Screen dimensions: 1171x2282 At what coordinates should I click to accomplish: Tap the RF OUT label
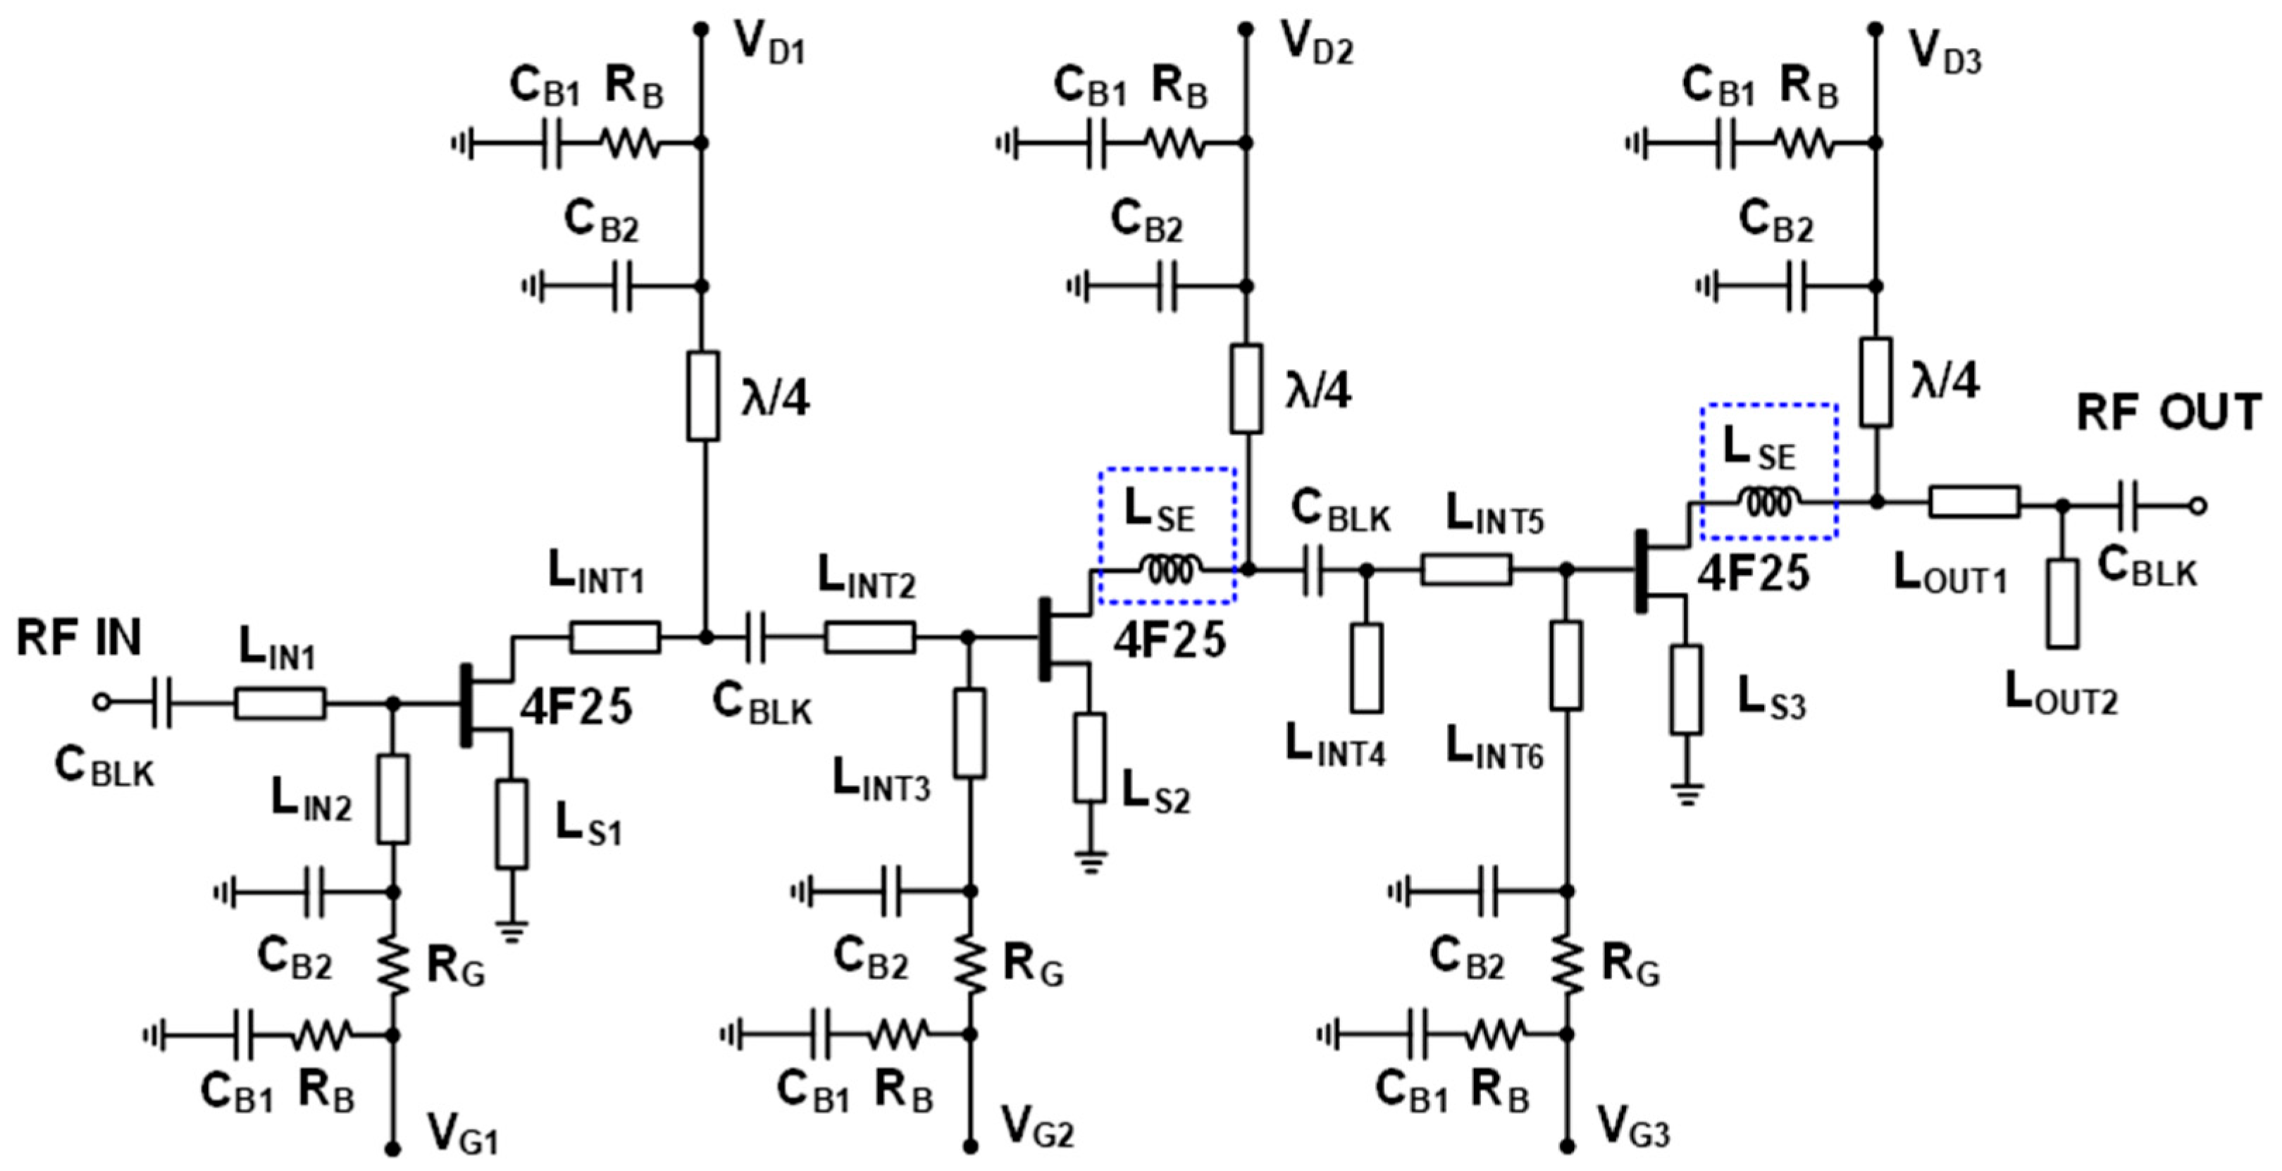[x=2168, y=413]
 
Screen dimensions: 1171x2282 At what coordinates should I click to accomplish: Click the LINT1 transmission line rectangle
[x=614, y=637]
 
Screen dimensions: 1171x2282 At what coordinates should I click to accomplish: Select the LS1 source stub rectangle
[x=511, y=824]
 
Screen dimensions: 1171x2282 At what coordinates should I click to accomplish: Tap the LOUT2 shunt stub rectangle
[x=2062, y=603]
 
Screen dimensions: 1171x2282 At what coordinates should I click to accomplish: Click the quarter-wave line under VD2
[x=1246, y=390]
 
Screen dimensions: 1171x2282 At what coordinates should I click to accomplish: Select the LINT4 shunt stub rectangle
[x=1366, y=668]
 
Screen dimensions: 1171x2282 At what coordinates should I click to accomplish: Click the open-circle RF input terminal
[x=102, y=702]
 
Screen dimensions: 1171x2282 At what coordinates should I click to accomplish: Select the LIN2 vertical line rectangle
[x=393, y=799]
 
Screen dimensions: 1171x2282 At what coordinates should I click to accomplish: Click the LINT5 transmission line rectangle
[x=1466, y=569]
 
